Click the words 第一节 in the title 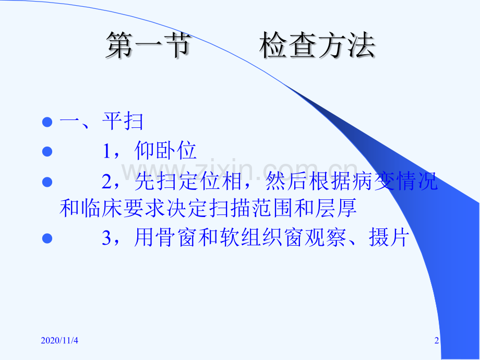click(148, 46)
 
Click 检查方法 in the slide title click(317, 46)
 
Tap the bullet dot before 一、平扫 click(47, 123)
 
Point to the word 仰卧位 click(165, 151)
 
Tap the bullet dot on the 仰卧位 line click(47, 151)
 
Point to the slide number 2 click(437, 341)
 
